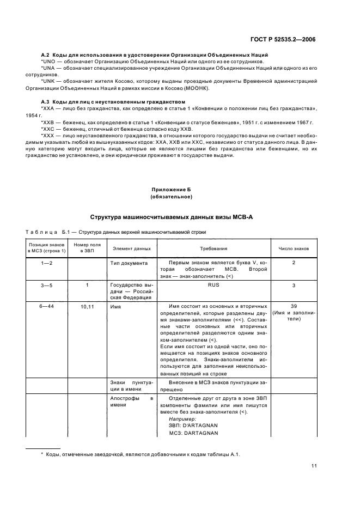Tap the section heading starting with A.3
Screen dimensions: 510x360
(113, 102)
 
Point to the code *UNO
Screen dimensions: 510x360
(49, 62)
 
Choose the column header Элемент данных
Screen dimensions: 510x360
(131, 248)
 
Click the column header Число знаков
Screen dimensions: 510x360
(294, 248)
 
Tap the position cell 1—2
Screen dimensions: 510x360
(46, 263)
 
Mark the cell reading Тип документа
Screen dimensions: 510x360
(129, 263)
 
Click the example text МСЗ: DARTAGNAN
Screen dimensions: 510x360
(193, 433)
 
